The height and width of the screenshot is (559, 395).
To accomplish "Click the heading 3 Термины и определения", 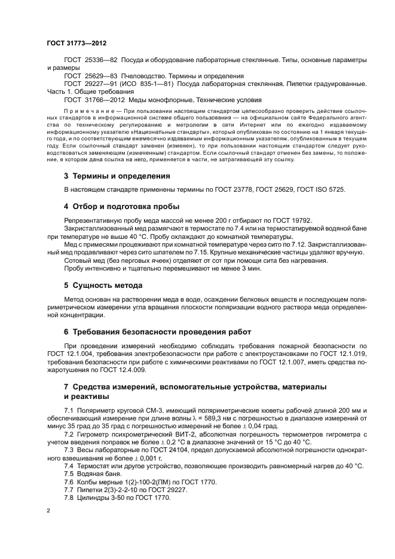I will (117, 176).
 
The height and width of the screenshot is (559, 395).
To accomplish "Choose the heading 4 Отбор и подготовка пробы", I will (122, 207).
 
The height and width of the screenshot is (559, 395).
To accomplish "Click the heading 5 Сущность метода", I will (103, 285).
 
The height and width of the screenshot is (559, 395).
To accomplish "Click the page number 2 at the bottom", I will (49, 511).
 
